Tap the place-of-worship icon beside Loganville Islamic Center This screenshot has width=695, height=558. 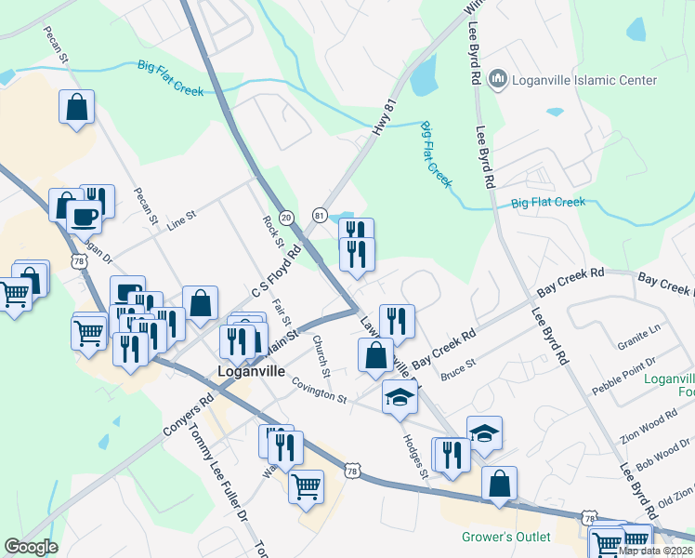coord(496,80)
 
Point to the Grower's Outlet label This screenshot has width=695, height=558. coord(506,537)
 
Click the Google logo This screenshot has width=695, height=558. coord(31,547)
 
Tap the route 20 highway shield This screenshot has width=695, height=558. coord(286,216)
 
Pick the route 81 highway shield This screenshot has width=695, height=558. coord(320,216)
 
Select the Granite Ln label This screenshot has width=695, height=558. coord(640,330)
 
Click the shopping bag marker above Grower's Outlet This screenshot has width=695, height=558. coord(499,484)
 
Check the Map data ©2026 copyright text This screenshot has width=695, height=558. coord(654,551)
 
